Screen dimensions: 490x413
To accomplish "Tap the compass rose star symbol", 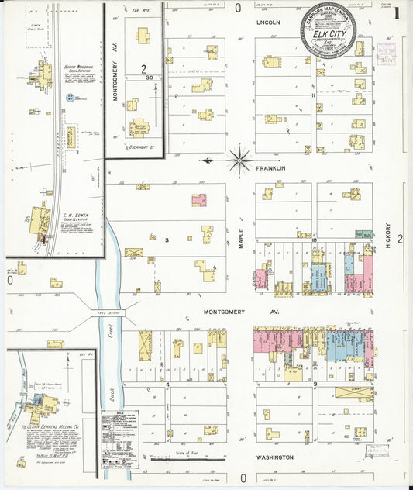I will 239,160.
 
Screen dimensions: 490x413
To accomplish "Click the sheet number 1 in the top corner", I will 396,12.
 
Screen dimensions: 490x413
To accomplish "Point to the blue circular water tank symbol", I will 71,97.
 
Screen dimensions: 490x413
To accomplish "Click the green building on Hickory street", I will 362,234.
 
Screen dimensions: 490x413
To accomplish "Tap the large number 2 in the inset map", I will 143,69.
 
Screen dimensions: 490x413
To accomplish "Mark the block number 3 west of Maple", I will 167,240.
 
